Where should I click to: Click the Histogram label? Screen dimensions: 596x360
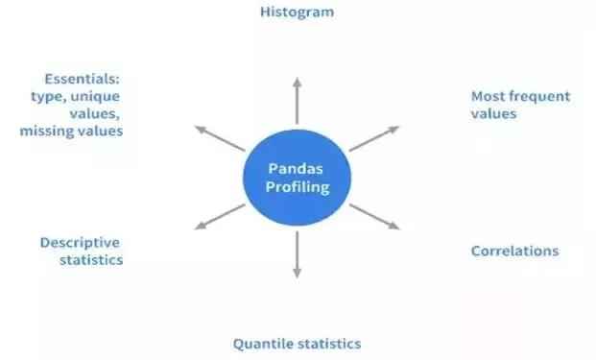point(297,12)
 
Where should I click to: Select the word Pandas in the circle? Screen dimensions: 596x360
point(297,170)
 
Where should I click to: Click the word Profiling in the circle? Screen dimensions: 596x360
point(297,187)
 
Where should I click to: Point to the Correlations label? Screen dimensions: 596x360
point(514,252)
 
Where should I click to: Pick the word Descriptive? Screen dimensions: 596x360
point(82,242)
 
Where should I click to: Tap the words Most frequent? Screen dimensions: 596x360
point(520,96)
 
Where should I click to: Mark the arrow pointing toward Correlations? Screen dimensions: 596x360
point(374,216)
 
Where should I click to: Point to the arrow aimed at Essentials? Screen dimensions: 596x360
point(220,137)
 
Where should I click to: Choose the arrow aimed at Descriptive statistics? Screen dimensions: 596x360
point(220,217)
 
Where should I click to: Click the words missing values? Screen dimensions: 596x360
point(71,131)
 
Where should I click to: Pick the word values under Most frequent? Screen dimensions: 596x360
point(493,113)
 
